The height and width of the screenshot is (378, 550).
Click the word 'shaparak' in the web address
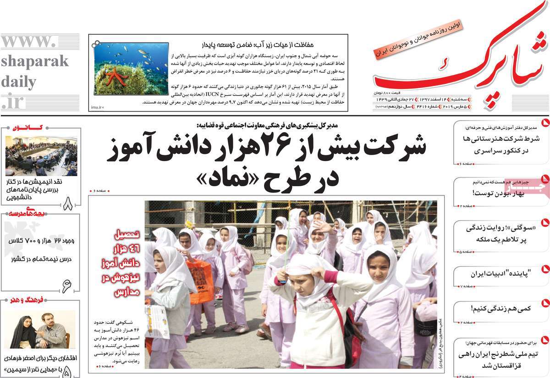point(34,61)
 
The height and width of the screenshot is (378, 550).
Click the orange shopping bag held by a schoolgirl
point(200,280)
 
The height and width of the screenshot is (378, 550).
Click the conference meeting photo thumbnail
point(41,156)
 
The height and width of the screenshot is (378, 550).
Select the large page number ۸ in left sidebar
point(68,203)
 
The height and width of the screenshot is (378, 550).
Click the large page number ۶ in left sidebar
point(67,286)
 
